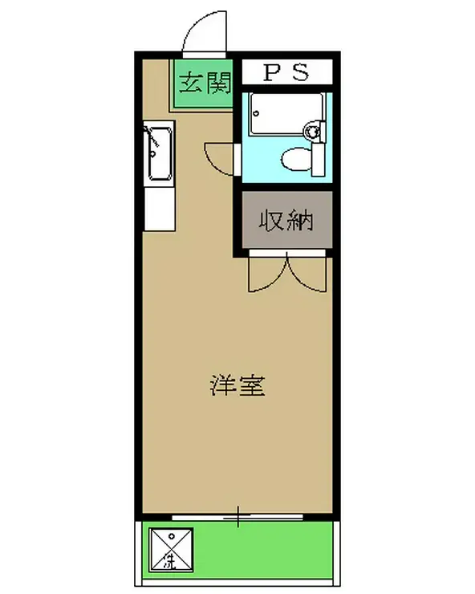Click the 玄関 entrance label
205,83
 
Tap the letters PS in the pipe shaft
286,73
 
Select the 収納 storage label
285,220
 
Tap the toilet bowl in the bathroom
295,159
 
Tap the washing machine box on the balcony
169,550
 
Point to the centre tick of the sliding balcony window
238,518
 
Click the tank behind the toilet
319,158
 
